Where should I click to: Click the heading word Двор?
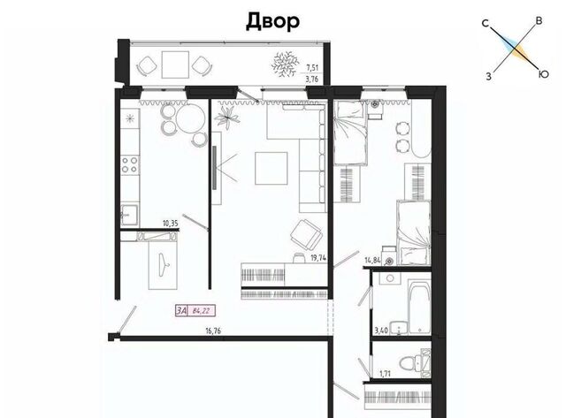click(x=272, y=21)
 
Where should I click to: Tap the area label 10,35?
click(x=171, y=224)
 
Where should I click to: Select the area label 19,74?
click(x=318, y=258)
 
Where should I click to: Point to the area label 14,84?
click(x=373, y=261)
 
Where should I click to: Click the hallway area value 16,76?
click(x=213, y=331)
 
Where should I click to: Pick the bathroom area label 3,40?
click(x=381, y=331)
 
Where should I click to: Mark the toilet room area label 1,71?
click(x=386, y=374)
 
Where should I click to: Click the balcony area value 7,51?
click(x=312, y=67)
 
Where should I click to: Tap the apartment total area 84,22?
click(x=201, y=311)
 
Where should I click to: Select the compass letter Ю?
click(x=543, y=74)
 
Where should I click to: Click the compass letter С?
click(x=486, y=24)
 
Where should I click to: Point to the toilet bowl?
click(x=409, y=362)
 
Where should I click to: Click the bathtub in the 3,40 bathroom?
click(x=419, y=307)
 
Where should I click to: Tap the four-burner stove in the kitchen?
click(x=130, y=165)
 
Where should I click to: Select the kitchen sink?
click(x=129, y=215)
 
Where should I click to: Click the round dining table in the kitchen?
click(x=191, y=119)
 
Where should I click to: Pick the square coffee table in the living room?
click(x=272, y=168)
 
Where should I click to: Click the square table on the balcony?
click(x=175, y=65)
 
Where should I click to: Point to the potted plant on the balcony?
click(x=285, y=64)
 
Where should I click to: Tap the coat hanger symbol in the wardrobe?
click(x=164, y=264)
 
